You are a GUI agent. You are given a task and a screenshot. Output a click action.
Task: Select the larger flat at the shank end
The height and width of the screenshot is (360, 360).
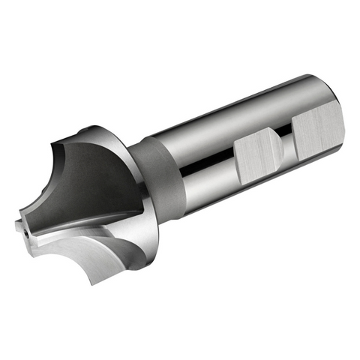click(x=318, y=131)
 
